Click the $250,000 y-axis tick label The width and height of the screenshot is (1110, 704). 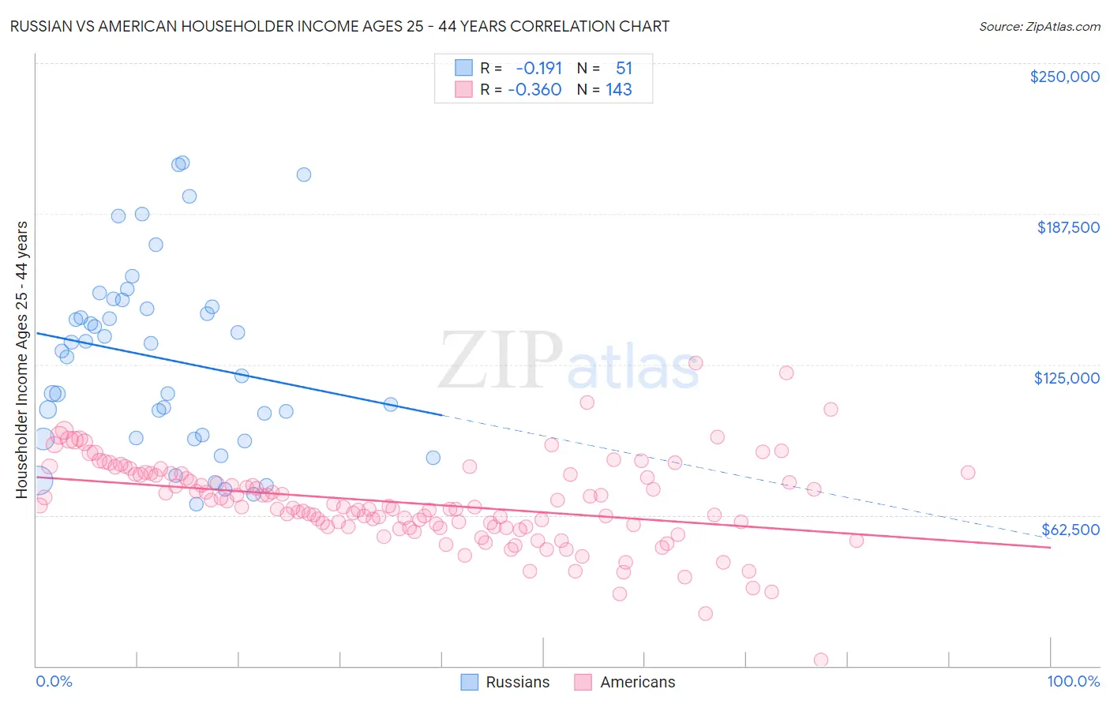tap(1064, 77)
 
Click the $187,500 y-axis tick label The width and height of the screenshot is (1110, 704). tap(1067, 227)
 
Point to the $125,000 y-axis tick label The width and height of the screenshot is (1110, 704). tap(1067, 378)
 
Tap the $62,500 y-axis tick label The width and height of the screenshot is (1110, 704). tap(1070, 530)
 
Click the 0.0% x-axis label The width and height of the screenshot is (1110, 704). tap(54, 681)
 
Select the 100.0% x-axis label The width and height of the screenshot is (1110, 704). tap(1073, 681)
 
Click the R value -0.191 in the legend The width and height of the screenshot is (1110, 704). tap(539, 69)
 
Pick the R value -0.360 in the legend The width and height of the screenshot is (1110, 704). tap(534, 90)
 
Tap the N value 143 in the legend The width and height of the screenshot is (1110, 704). tap(619, 90)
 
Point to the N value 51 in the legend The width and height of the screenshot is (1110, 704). tap(624, 69)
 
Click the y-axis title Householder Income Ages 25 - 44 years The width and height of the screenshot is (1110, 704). tap(22, 360)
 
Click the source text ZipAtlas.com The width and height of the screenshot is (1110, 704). tap(1039, 26)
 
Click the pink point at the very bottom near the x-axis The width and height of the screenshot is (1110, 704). tap(821, 660)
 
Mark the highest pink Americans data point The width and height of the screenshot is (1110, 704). tap(696, 363)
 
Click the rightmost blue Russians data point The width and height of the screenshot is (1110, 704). tap(433, 458)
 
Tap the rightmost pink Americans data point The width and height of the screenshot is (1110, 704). tap(968, 473)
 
